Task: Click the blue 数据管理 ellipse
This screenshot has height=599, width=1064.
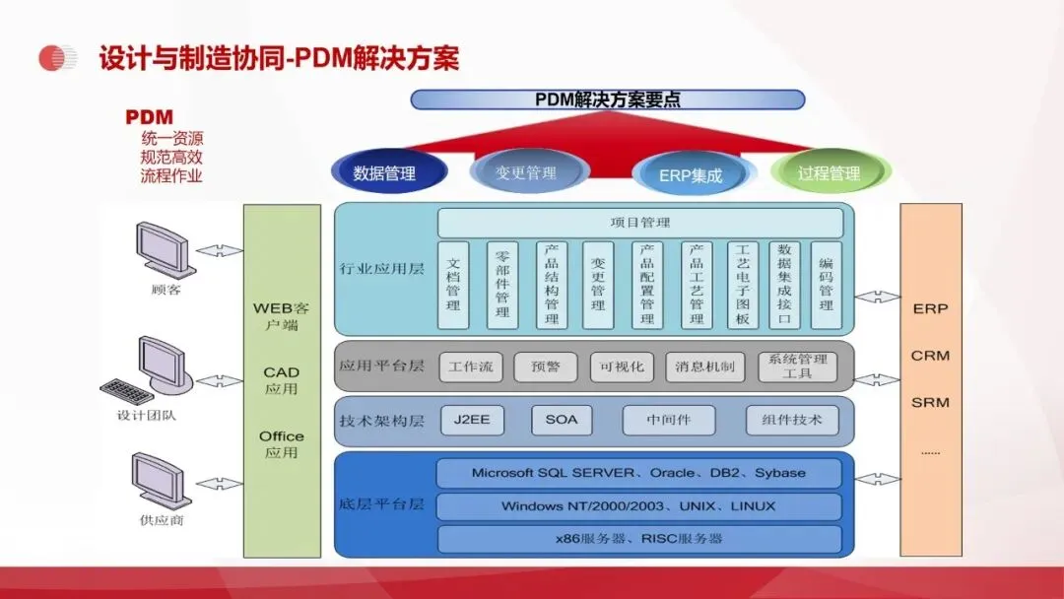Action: tap(384, 173)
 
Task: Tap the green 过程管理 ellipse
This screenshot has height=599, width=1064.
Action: tap(830, 173)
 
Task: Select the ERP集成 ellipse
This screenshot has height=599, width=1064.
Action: tap(691, 175)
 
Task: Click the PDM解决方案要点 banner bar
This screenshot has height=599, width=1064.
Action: tap(607, 100)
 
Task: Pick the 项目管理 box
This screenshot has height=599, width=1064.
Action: tap(640, 223)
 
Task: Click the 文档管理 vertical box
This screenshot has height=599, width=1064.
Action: tap(453, 285)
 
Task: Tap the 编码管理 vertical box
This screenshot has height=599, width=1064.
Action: tap(827, 285)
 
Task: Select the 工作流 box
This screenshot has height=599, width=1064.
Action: tap(470, 366)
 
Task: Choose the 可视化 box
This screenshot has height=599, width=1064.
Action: tap(623, 366)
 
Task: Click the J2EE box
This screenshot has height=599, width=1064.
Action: tap(472, 420)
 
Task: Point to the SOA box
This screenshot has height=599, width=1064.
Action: tap(562, 420)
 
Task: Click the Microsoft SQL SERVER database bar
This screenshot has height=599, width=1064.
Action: tap(638, 473)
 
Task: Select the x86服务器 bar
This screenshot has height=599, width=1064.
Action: tap(638, 539)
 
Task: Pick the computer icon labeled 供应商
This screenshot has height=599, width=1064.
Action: tap(161, 480)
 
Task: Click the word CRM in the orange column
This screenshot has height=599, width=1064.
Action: tap(930, 356)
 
